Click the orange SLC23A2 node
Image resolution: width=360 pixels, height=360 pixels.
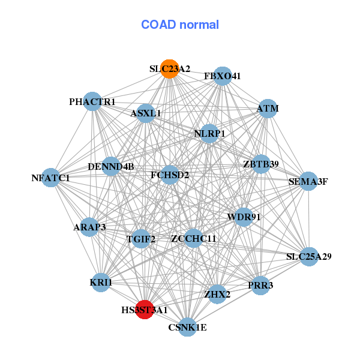[170, 69]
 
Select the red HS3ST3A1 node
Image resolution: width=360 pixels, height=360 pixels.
[145, 310]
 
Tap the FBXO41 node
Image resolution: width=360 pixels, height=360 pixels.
[222, 76]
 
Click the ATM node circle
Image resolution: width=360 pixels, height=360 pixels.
[268, 109]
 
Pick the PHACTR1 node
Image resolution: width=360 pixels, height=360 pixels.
[92, 101]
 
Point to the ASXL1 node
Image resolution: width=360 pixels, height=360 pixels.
[146, 113]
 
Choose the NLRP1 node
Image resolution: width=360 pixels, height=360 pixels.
[209, 134]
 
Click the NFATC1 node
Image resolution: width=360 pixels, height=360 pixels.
[51, 178]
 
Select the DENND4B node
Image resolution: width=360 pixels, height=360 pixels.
[111, 166]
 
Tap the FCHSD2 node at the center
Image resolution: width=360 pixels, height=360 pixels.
[170, 175]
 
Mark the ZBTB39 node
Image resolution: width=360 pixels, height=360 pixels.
[261, 164]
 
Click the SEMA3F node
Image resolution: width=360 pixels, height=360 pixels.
[308, 181]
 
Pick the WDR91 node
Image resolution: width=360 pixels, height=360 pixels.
[244, 217]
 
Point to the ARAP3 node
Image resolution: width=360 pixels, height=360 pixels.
[89, 227]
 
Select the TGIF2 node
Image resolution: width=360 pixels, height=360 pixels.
[141, 239]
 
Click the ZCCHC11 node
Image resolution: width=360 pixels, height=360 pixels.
[194, 238]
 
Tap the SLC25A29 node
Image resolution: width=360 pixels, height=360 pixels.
[309, 257]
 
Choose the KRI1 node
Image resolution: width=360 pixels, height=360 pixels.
[101, 283]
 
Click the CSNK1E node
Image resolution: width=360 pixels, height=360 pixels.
[188, 327]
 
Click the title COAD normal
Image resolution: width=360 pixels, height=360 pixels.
[180, 25]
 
